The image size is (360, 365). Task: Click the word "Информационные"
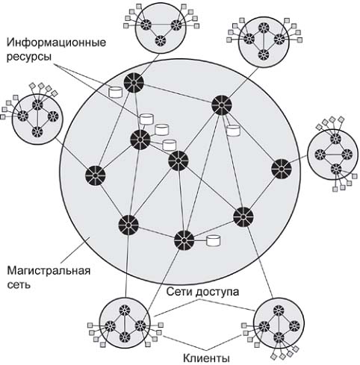56,43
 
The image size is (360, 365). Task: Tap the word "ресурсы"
29,57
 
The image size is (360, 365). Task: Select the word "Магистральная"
49,270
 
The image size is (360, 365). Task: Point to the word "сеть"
19,284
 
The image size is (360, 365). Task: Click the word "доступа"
217,292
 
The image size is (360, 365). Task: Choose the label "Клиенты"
206,358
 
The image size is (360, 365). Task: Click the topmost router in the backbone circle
134,83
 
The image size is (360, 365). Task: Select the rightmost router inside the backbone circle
282,169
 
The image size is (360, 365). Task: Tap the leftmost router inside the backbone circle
96,175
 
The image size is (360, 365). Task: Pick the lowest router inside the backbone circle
184,240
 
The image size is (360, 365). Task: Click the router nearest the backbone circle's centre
178,160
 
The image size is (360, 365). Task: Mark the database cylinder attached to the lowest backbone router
214,240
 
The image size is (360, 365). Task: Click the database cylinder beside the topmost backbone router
115,92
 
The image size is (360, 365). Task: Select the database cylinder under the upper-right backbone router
233,130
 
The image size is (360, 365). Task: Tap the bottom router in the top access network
161,40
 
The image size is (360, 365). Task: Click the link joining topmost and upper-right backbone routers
178,94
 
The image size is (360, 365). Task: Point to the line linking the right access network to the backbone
299,160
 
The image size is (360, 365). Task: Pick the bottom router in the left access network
37,132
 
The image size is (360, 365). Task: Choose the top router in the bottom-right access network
279,311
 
